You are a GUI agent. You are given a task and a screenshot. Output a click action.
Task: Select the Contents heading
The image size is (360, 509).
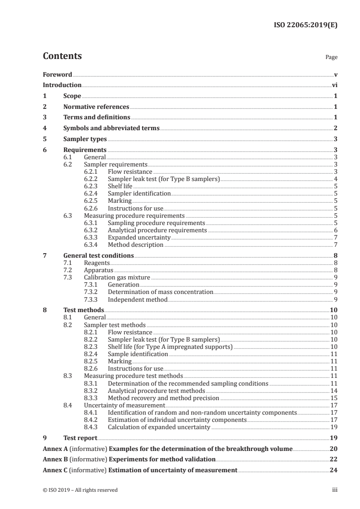62,56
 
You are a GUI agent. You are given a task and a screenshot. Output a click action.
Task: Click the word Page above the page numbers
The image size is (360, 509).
331,58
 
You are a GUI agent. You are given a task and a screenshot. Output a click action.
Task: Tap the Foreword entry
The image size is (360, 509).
57,74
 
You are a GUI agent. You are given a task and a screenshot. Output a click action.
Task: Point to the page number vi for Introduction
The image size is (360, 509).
334,85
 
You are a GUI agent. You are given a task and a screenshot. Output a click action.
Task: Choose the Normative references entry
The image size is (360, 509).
96,107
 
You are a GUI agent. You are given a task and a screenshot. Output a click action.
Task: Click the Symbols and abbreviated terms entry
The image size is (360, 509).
111,128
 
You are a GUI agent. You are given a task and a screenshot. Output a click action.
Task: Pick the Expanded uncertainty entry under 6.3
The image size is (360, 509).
139,237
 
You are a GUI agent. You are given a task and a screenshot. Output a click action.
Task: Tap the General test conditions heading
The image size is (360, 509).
99,255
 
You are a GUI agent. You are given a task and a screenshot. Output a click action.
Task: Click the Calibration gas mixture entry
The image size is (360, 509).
117,277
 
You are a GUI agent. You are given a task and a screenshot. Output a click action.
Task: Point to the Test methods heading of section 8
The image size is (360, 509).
84,310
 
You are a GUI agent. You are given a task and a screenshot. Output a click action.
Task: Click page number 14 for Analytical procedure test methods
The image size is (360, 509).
333,391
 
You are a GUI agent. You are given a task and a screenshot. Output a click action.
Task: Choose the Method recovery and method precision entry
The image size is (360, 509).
163,398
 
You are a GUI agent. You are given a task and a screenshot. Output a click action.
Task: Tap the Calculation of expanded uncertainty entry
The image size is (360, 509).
159,427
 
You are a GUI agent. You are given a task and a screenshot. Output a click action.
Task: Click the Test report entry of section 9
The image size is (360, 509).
80,438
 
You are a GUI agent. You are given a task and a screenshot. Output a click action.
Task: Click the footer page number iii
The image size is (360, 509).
334,490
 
